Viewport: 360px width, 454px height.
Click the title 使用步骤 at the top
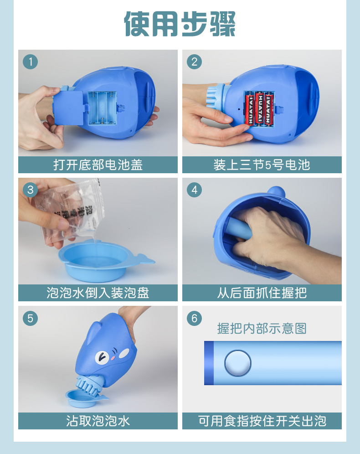point(180,24)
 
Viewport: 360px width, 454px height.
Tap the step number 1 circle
point(31,62)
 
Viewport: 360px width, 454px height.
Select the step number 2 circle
point(195,62)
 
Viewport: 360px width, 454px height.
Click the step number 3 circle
point(31,190)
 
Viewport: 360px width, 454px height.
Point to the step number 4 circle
point(195,190)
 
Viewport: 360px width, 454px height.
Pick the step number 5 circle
point(31,318)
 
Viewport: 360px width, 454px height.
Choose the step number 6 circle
point(195,318)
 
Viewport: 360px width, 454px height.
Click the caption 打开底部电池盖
point(98,165)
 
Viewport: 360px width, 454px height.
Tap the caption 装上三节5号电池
point(262,165)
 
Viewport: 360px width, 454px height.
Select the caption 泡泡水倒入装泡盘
point(98,293)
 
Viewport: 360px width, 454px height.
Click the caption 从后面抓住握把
point(262,293)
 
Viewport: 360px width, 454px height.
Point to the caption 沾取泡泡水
point(98,421)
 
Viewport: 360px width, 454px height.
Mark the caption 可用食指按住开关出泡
point(262,421)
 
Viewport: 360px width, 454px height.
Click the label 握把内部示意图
point(262,328)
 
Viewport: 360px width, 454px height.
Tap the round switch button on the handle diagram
point(237,363)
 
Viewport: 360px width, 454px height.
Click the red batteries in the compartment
point(260,108)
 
